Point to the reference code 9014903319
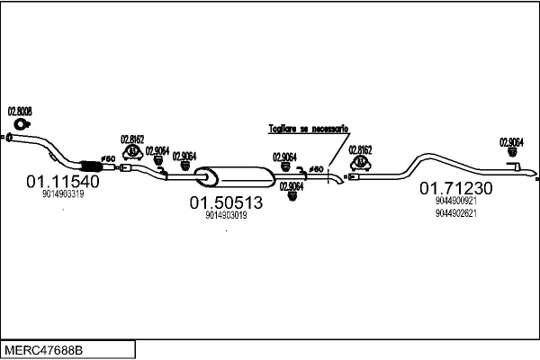[x=62, y=194]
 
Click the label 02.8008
[x=20, y=112]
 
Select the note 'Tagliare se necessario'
[x=308, y=130]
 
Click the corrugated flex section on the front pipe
[x=89, y=165]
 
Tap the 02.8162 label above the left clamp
[x=132, y=139]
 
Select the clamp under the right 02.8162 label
[x=360, y=162]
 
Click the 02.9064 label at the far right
[x=511, y=141]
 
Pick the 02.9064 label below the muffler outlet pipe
[x=291, y=186]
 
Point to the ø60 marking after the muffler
[x=316, y=168]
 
